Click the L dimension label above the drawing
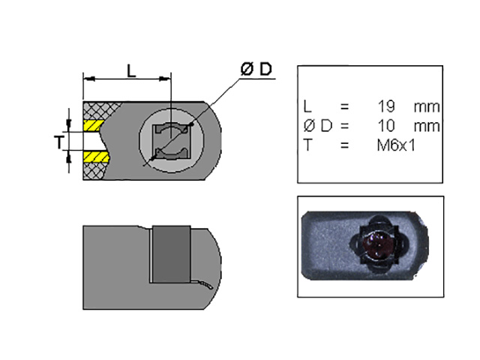click(131, 71)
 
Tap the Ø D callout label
click(256, 69)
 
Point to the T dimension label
click(59, 142)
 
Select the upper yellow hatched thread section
click(93, 125)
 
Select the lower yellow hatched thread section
click(96, 157)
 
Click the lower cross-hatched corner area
click(94, 171)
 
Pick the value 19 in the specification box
click(386, 106)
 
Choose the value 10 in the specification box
click(386, 126)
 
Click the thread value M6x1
click(396, 145)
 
